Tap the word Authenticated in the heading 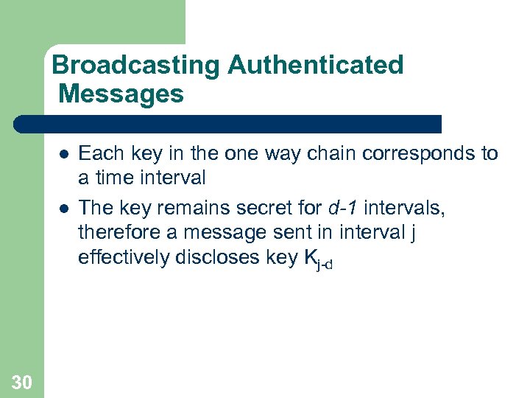[315, 66]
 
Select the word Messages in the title [121, 94]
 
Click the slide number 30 [22, 381]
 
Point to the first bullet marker [64, 154]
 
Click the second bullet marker [64, 209]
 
